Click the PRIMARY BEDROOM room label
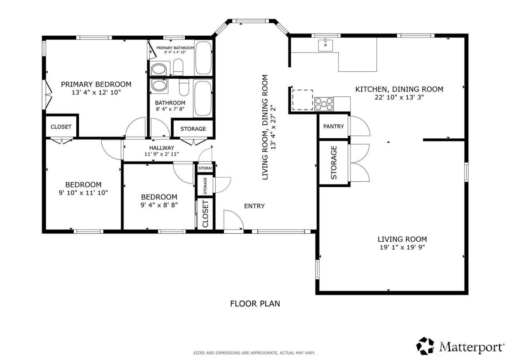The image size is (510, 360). [96, 84]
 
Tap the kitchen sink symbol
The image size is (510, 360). [325, 46]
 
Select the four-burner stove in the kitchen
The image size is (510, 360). [324, 104]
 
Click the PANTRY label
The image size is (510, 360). [333, 126]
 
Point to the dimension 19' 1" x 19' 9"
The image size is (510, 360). [402, 247]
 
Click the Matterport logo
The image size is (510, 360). [460, 346]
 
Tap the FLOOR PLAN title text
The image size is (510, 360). [255, 303]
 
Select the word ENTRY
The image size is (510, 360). [254, 206]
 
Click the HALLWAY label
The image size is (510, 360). [161, 148]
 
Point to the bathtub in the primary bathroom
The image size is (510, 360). [203, 58]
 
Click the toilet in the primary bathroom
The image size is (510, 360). [178, 67]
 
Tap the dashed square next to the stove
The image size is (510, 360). [302, 100]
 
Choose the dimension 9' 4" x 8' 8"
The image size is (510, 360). [159, 205]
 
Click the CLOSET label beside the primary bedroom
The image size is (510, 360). [61, 127]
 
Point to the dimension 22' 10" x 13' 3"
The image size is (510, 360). [399, 97]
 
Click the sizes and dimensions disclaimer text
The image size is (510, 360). [254, 353]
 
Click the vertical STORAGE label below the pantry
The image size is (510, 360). [334, 162]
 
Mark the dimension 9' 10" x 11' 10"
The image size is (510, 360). [83, 193]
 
